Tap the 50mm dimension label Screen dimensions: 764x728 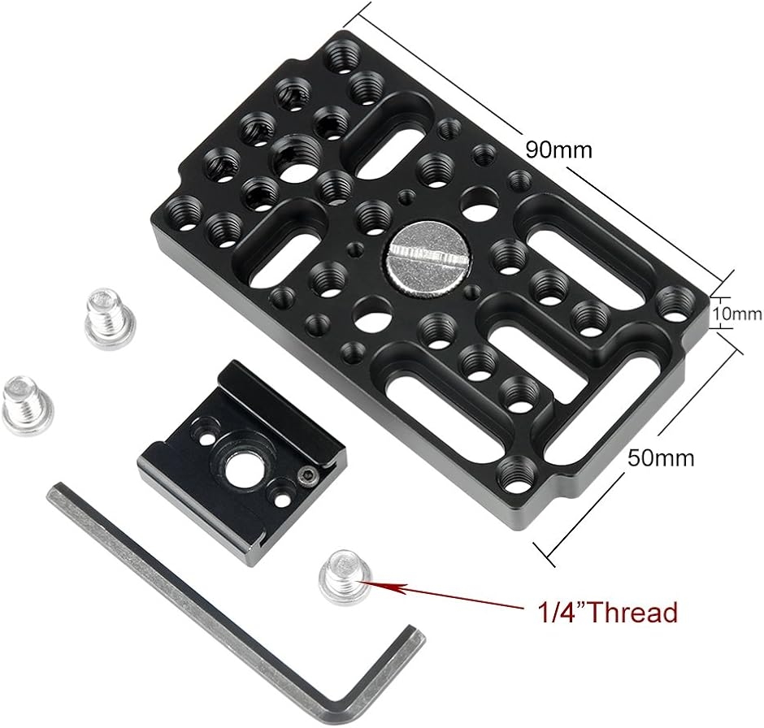(661, 457)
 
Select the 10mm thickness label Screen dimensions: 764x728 (737, 314)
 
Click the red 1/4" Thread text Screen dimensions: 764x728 (606, 612)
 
